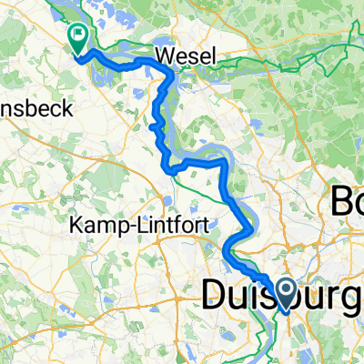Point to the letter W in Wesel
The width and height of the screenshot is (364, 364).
tap(165, 56)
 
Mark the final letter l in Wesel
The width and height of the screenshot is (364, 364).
tap(215, 56)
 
